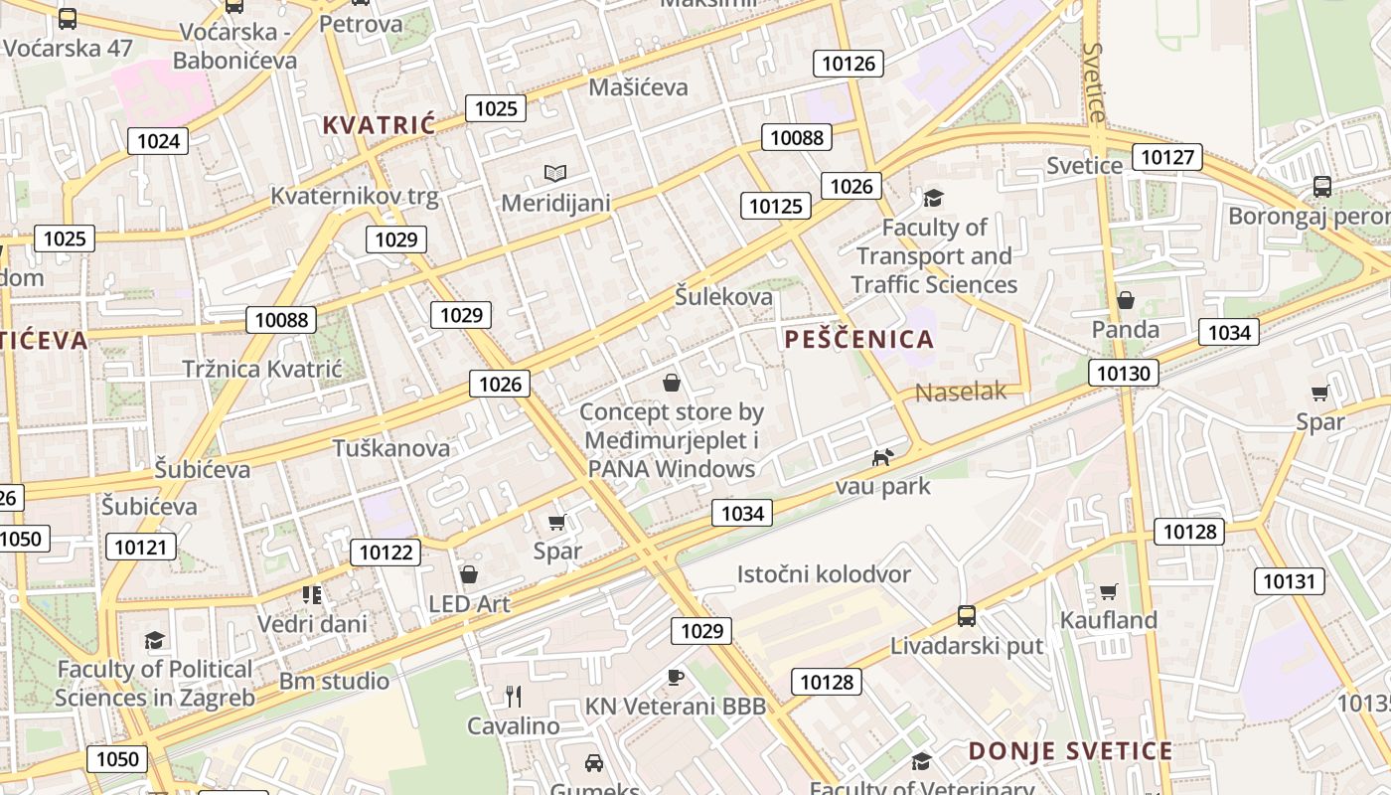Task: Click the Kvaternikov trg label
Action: click(x=354, y=196)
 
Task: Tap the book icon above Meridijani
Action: click(x=554, y=174)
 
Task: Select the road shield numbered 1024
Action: click(x=158, y=140)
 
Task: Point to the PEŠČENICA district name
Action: click(x=859, y=339)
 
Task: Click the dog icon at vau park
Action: click(x=882, y=457)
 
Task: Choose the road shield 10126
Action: click(x=849, y=64)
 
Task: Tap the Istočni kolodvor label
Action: click(x=824, y=574)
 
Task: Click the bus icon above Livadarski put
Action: click(x=966, y=616)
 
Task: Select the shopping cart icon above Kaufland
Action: click(x=1109, y=591)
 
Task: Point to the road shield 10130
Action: click(x=1124, y=374)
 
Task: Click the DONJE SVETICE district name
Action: click(x=1070, y=751)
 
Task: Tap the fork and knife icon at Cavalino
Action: click(x=514, y=696)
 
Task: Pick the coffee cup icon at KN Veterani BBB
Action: click(x=676, y=678)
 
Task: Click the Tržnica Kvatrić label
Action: click(x=262, y=370)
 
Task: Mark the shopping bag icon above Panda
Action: click(x=1126, y=300)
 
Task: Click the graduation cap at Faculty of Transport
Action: click(x=933, y=198)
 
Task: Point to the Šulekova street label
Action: click(x=723, y=296)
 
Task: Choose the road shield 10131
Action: click(x=1289, y=581)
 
